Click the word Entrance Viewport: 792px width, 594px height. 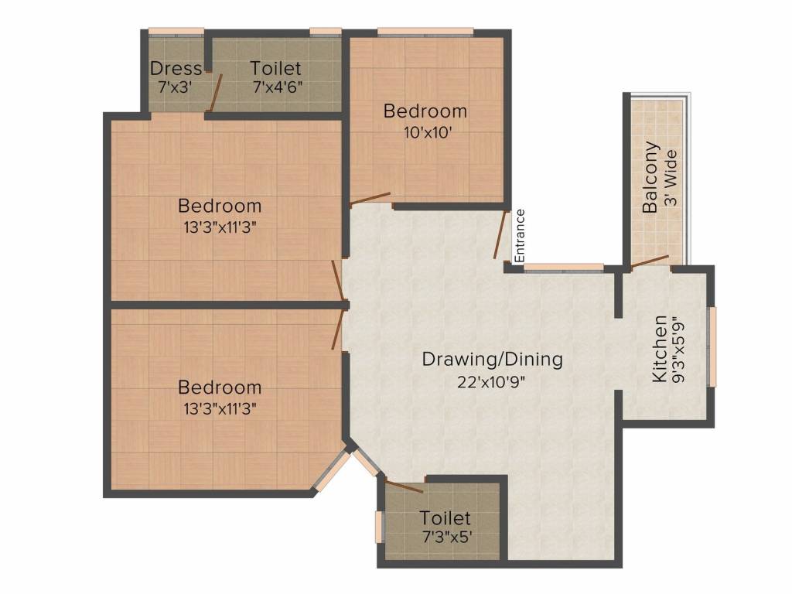[521, 234]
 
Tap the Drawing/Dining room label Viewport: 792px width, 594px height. [492, 360]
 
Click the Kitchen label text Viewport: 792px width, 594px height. [660, 348]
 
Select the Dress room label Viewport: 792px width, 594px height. [176, 69]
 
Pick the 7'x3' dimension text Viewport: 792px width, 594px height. [176, 87]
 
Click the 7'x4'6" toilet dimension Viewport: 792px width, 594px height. [276, 87]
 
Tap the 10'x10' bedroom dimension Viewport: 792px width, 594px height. [425, 131]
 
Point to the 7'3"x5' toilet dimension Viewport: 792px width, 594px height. [445, 536]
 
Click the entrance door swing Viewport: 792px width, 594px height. [500, 234]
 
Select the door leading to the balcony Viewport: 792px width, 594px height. [649, 262]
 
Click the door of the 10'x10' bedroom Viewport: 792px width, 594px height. [370, 199]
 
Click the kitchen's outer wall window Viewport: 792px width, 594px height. [713, 346]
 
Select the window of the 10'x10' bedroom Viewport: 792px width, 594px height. [425, 32]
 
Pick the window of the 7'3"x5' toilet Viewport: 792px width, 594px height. [378, 526]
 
